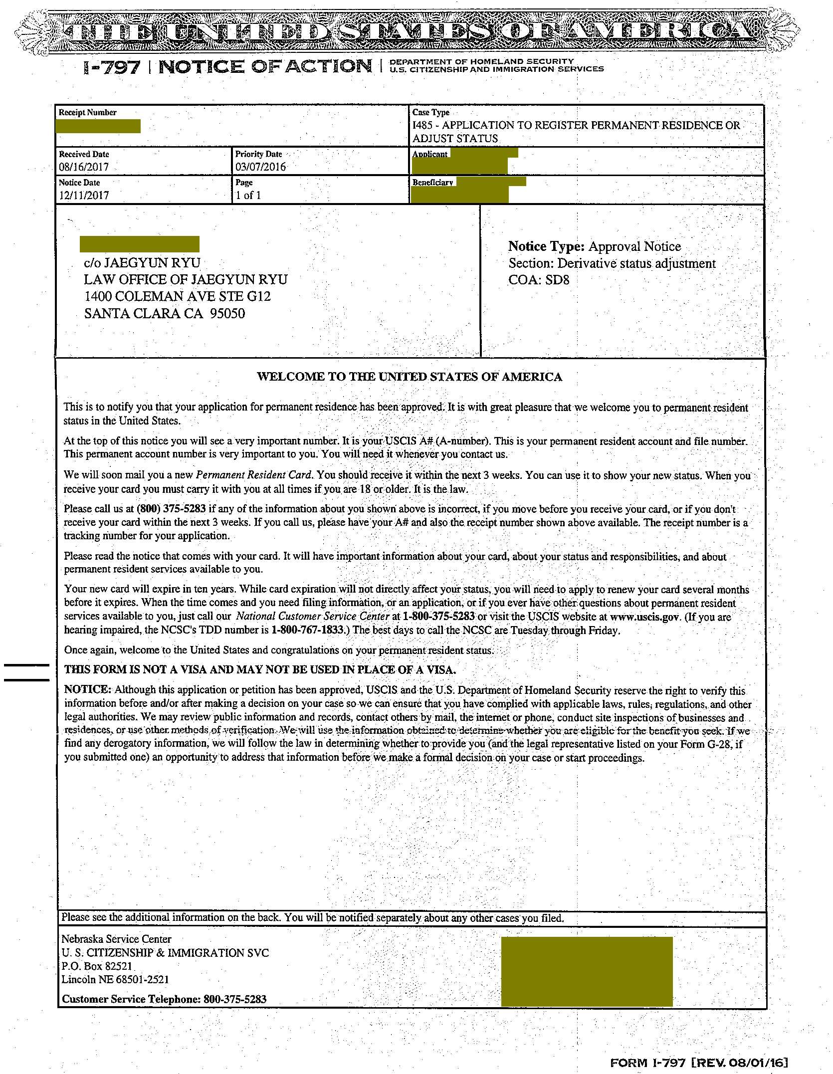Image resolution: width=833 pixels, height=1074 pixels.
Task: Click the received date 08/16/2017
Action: (x=84, y=167)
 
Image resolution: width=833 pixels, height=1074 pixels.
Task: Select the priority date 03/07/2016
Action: (x=261, y=167)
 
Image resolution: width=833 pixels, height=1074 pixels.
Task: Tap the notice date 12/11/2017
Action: (x=84, y=196)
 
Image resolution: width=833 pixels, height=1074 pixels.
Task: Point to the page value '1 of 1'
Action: (x=248, y=196)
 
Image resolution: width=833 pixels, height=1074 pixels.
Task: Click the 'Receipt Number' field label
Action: (x=88, y=113)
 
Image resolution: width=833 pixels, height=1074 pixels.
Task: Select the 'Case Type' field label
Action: (x=431, y=113)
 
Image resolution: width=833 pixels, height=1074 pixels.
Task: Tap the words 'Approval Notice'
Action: (x=634, y=246)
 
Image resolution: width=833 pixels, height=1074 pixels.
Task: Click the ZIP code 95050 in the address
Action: (x=227, y=314)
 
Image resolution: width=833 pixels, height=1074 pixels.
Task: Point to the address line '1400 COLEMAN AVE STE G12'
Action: (x=177, y=297)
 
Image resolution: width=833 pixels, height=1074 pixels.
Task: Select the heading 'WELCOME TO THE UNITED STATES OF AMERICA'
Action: (x=410, y=377)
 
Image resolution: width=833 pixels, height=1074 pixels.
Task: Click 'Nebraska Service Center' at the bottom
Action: (x=116, y=939)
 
